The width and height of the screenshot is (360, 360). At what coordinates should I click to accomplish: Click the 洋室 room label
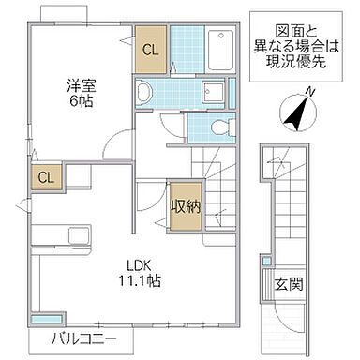[79, 84]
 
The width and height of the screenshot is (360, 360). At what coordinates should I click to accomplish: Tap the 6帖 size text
[79, 102]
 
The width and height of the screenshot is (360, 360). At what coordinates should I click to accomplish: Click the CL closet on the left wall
[44, 177]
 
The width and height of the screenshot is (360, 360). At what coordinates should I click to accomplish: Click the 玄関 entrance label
[287, 282]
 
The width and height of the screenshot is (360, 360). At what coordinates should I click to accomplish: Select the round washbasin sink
[144, 92]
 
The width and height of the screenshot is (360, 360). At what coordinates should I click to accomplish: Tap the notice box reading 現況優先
[294, 41]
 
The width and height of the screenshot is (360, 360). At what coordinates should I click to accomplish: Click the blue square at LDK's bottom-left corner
[38, 317]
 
